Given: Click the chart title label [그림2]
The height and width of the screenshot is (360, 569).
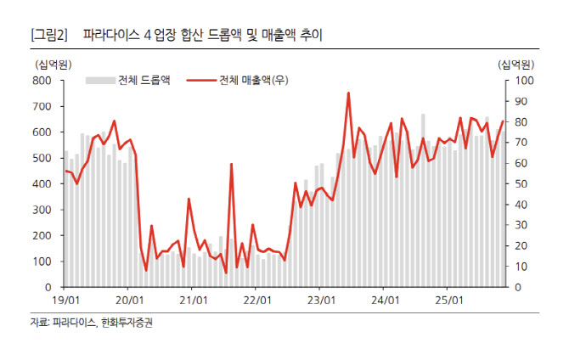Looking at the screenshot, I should coord(48,36).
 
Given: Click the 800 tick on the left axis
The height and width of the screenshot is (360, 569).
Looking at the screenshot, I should coord(43,81).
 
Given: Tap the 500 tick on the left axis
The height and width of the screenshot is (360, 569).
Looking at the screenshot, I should coord(43,158).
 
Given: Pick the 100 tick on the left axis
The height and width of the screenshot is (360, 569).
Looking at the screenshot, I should coord(43,262).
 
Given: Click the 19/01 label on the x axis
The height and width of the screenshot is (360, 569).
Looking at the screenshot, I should coord(65,301).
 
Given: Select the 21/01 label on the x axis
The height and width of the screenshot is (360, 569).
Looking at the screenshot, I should coord(194,301).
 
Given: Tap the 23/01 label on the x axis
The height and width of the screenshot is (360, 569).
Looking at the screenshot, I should coord(321,301).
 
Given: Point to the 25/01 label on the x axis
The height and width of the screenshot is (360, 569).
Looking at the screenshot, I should coord(448,301).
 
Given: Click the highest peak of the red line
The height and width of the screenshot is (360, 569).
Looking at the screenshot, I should coord(348,93).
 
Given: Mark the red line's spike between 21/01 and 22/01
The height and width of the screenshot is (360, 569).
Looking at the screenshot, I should coord(231,165).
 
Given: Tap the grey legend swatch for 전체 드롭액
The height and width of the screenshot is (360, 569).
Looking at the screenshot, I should coord(99,81).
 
